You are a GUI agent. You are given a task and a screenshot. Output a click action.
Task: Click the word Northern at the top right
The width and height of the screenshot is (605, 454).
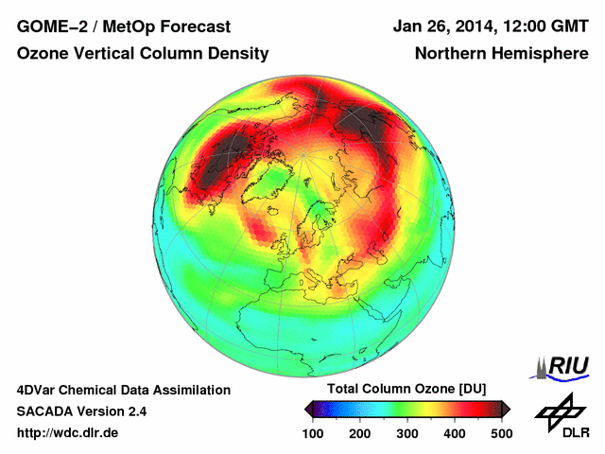(x=449, y=54)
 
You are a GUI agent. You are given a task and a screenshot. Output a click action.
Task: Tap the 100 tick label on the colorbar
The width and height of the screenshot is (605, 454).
(x=314, y=433)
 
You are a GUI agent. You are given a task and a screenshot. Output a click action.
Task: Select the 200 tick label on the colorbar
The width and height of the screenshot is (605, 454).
(x=360, y=433)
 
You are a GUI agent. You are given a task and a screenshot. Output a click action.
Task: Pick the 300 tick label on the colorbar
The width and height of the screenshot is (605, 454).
(x=407, y=433)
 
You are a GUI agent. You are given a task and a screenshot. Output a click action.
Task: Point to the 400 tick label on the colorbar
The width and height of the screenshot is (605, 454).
(x=455, y=433)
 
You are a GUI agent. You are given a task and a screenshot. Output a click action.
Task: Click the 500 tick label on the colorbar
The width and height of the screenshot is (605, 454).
(x=501, y=433)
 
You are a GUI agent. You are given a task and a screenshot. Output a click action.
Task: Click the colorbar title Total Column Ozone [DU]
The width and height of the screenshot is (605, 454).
(x=406, y=390)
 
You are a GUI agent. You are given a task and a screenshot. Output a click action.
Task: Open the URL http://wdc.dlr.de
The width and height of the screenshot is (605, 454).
(x=68, y=434)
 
